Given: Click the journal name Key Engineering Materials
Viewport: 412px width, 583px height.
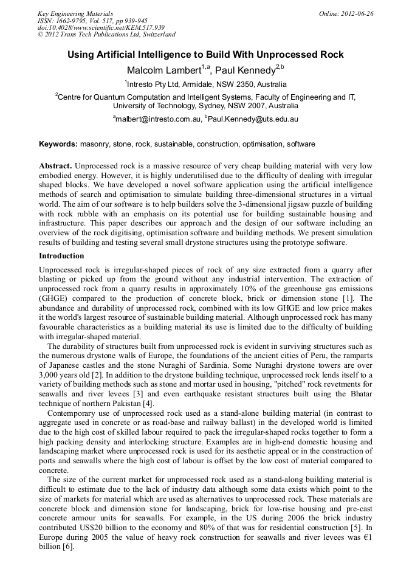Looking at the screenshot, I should [75, 13].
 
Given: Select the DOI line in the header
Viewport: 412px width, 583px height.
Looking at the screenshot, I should [101, 27].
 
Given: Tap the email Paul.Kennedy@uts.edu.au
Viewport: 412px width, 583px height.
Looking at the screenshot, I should [253, 119].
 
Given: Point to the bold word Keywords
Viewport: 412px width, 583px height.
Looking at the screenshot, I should [58, 144].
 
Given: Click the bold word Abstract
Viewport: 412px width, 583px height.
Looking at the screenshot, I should [55, 166].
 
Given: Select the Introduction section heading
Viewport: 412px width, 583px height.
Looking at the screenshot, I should [61, 256].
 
